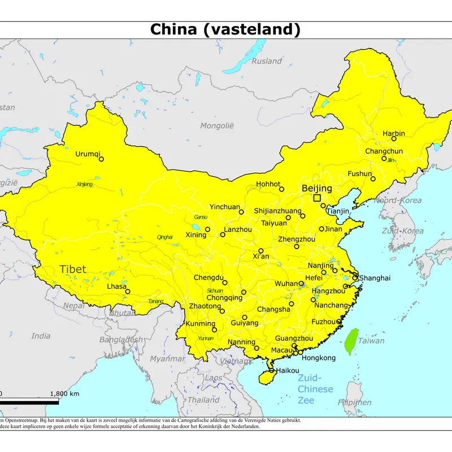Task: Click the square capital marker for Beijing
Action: click(317, 198)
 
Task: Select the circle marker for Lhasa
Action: click(128, 292)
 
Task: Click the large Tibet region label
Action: click(73, 269)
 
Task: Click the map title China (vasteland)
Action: click(225, 29)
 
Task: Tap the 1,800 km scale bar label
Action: click(64, 394)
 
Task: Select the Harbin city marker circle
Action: click(394, 138)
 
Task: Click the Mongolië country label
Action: click(217, 125)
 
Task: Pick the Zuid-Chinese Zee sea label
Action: click(316, 389)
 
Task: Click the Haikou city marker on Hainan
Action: click(272, 371)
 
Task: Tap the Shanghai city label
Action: click(375, 278)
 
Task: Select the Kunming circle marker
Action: click(214, 329)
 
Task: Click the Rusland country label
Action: click(267, 61)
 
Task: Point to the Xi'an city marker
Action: click(260, 250)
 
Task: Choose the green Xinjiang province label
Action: click(84, 184)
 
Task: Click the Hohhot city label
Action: click(268, 184)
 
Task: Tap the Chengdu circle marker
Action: click(224, 282)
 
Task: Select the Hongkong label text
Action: click(319, 358)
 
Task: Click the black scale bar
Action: click(23, 402)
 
